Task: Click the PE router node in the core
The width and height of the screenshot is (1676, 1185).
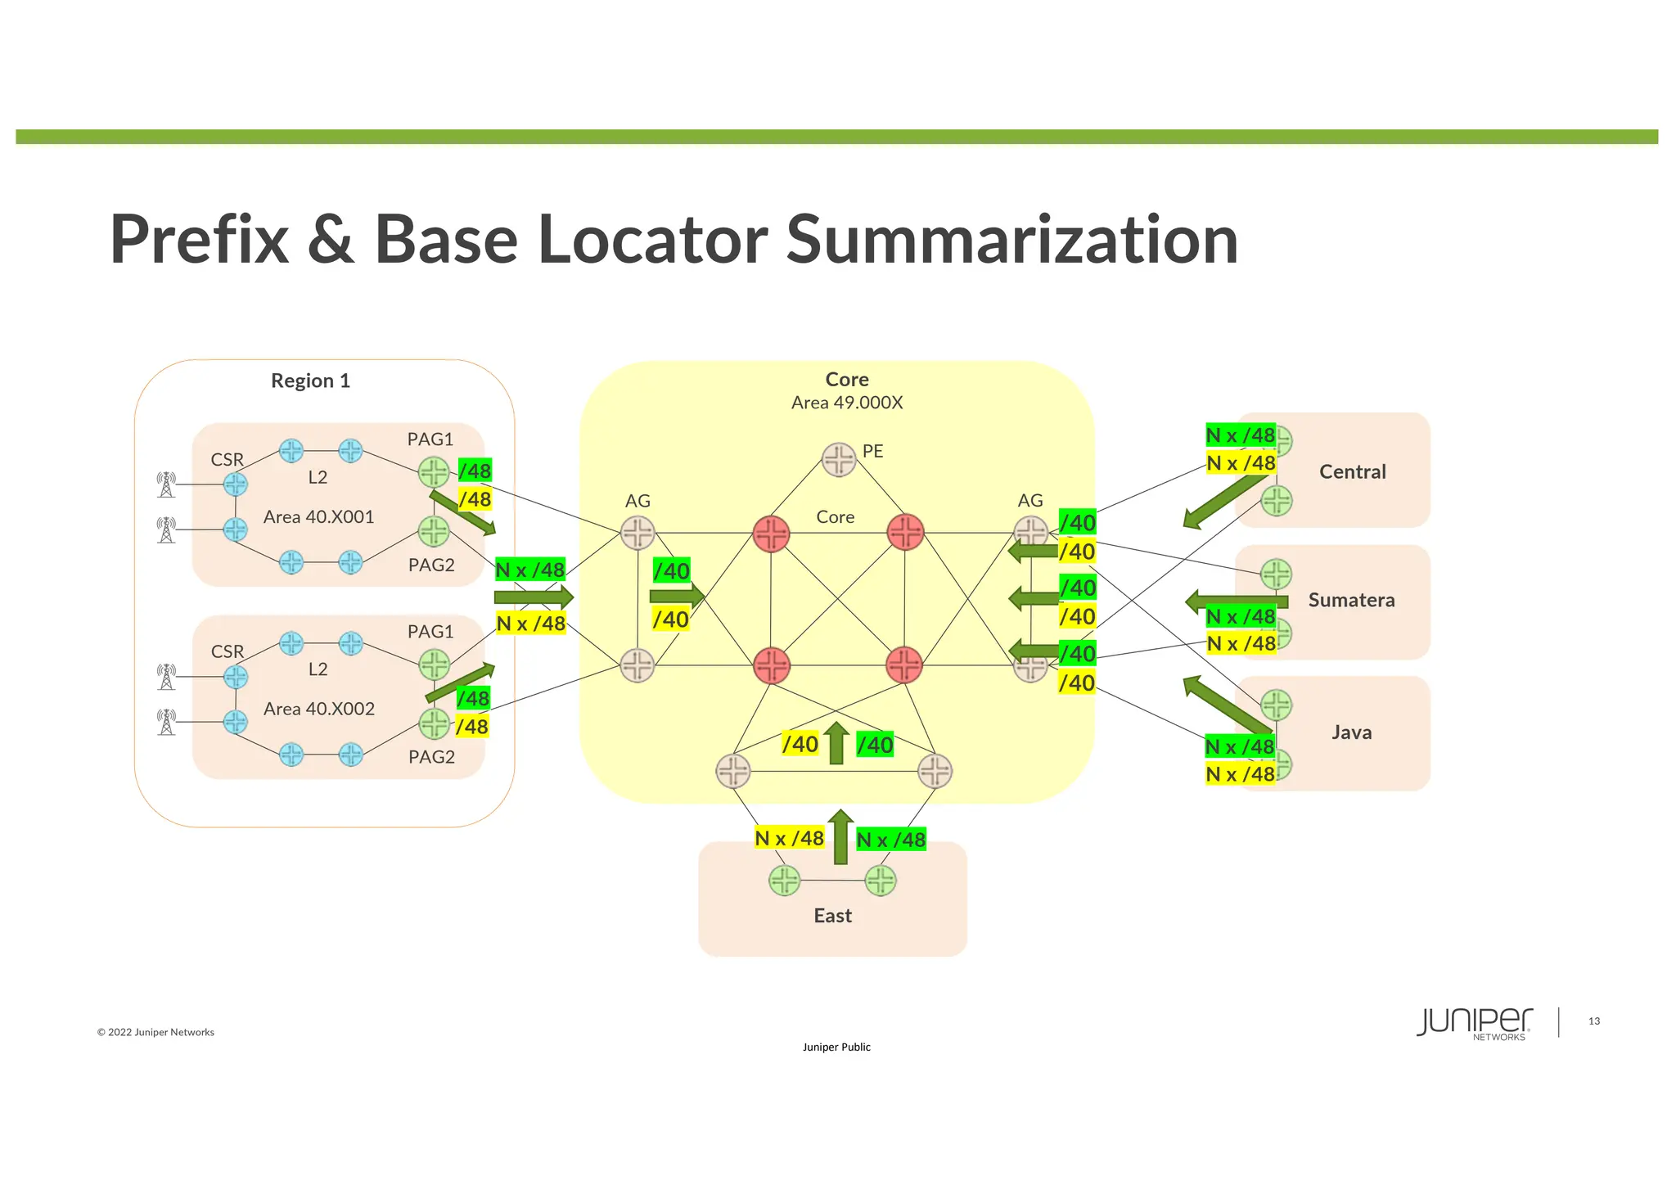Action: coord(839,459)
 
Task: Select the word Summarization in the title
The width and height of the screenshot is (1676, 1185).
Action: coord(1011,240)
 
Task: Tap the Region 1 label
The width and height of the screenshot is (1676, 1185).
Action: coord(310,381)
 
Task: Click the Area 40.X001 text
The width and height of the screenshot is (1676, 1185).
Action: coord(318,517)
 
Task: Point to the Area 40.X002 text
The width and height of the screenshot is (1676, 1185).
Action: coord(318,709)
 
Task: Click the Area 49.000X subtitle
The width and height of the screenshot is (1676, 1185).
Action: coord(846,403)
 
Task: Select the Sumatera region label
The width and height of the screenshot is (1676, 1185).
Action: coord(1351,600)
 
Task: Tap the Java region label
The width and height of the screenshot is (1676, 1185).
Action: coord(1351,732)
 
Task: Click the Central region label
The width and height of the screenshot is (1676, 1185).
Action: coord(1352,472)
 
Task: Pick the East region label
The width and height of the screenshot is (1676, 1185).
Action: coord(832,916)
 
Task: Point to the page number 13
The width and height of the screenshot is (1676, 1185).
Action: coord(1593,1021)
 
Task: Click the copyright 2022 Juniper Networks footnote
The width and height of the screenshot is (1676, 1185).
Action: coord(155,1033)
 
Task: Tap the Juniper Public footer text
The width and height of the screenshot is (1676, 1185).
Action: coord(836,1048)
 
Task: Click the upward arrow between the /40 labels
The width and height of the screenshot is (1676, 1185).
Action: coord(836,743)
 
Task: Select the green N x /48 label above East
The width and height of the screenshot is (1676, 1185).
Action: coord(890,840)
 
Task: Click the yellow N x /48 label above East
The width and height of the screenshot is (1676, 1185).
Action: coord(789,838)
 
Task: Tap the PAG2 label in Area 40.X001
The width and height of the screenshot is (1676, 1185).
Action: coord(431,565)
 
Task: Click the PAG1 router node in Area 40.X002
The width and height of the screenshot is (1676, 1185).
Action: coord(434,665)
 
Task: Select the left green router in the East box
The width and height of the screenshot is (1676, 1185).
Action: coord(785,881)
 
